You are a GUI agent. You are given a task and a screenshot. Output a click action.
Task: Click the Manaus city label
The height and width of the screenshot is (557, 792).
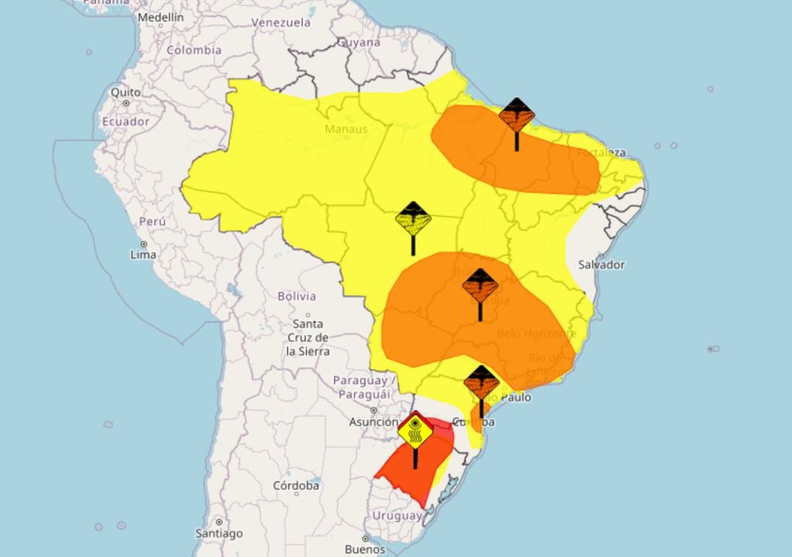[346, 128]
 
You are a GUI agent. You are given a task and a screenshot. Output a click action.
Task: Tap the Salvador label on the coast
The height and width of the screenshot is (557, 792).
[601, 265]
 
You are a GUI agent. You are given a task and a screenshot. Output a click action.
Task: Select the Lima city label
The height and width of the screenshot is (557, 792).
[143, 254]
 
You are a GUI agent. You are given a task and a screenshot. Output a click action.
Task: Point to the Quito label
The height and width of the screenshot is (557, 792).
[125, 92]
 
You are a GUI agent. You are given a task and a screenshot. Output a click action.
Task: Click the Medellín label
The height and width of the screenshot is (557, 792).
[161, 16]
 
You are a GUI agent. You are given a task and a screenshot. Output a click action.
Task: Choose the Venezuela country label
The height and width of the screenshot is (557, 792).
[281, 22]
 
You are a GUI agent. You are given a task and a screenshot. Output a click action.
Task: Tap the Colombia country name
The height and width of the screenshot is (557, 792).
[193, 50]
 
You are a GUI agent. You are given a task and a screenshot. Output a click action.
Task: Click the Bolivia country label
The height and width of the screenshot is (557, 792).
[296, 296]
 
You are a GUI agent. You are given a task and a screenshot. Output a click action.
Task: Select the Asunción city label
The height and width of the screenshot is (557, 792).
[374, 422]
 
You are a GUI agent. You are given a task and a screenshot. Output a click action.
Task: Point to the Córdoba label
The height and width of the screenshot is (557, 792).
[296, 486]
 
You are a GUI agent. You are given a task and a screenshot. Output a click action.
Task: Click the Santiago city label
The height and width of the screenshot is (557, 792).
[219, 533]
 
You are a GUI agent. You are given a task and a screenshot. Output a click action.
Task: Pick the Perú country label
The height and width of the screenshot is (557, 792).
[152, 221]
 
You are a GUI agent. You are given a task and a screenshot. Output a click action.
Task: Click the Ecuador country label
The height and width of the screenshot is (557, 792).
[125, 121]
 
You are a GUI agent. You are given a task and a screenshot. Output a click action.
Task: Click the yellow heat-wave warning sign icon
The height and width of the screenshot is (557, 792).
[416, 432]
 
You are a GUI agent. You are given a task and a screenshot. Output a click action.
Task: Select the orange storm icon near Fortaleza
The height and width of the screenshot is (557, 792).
[517, 116]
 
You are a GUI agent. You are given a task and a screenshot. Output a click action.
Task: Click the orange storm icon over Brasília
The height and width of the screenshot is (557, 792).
[480, 286]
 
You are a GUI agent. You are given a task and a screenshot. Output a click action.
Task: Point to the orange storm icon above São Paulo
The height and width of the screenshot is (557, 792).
[481, 383]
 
